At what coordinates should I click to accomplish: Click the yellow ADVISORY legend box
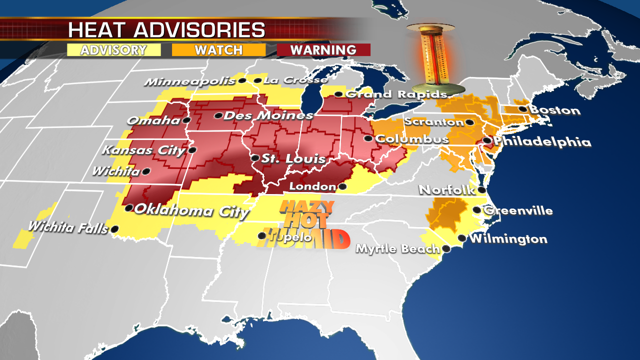click(113, 50)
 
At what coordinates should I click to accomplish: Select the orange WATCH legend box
click(218, 50)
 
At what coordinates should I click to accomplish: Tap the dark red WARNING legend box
click(323, 50)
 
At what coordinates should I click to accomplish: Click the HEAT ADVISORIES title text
click(166, 29)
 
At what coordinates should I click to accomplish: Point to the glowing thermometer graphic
click(432, 57)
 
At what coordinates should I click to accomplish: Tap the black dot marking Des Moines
click(218, 115)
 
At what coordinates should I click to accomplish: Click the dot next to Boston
click(523, 109)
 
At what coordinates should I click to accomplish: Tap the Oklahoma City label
click(192, 210)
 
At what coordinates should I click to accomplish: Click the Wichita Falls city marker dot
click(114, 229)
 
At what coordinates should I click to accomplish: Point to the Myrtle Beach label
click(397, 248)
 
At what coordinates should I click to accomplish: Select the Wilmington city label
click(508, 239)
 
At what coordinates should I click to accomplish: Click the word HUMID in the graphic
click(307, 239)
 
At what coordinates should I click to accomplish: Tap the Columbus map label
click(412, 139)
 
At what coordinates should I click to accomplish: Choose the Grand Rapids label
click(395, 94)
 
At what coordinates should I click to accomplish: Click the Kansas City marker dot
click(192, 150)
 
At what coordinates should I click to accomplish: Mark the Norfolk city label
click(447, 190)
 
